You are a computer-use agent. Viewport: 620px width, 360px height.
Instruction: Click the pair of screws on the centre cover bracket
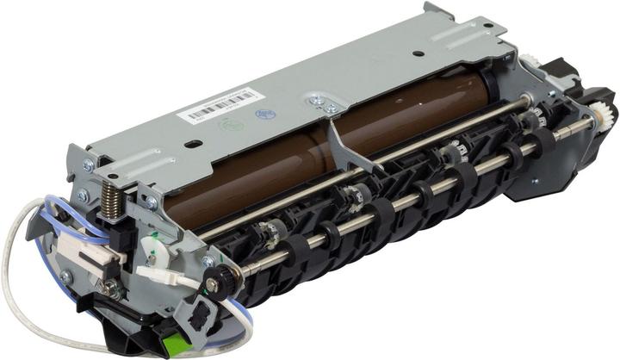pyautogui.click(x=323, y=105)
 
